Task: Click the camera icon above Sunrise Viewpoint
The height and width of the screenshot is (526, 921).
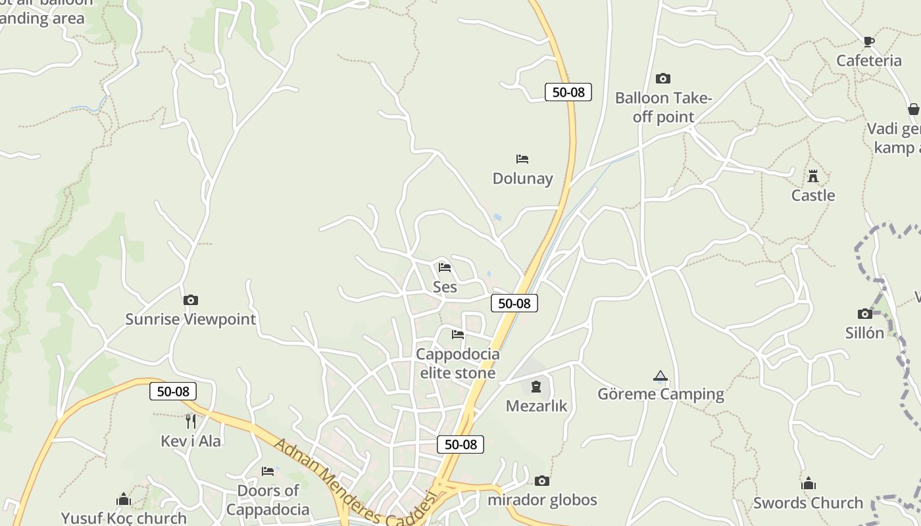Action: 190,300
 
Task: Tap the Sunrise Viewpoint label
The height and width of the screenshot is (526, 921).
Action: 190,320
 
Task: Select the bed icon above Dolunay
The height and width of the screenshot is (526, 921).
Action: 522,159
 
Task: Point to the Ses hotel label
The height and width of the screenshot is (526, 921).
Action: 445,287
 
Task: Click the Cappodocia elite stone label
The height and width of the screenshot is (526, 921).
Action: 458,364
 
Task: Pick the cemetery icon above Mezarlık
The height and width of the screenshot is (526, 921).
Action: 536,386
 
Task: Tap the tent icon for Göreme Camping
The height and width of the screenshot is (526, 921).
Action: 660,376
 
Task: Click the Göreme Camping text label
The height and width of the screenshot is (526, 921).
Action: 660,394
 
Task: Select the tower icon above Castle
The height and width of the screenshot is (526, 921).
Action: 813,176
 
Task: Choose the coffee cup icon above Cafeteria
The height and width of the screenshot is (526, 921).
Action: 868,42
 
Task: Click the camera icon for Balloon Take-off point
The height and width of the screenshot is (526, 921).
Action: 663,79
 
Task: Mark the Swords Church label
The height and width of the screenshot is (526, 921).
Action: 808,503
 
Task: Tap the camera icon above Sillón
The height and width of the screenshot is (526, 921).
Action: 865,314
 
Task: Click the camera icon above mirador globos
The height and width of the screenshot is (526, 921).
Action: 541,481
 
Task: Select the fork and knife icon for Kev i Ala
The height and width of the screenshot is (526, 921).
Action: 191,421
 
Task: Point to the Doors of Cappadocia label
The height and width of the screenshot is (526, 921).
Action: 268,500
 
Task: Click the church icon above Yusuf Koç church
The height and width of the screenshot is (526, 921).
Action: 124,500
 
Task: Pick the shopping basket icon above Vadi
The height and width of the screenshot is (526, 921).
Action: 913,109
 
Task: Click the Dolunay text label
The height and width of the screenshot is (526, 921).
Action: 522,179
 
